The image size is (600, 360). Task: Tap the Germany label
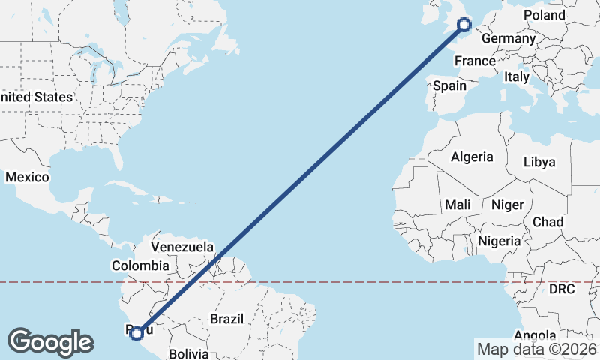tap(508, 39)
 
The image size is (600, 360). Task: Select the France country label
tap(475, 61)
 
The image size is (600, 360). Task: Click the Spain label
tap(449, 85)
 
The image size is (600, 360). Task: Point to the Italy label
tap(516, 76)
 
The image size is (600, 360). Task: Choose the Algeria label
tap(472, 157)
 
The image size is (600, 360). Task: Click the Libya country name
tap(539, 162)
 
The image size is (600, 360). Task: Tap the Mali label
tap(457, 205)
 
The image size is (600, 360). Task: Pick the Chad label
tap(547, 222)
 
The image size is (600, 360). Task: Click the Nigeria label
tap(499, 241)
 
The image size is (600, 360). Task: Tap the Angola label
tap(535, 335)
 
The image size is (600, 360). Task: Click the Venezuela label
tap(182, 247)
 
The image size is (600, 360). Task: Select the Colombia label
tap(140, 265)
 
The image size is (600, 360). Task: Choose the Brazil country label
tap(227, 319)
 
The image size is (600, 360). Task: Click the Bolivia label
tap(187, 352)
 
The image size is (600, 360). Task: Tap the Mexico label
tap(27, 178)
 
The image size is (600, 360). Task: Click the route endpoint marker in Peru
tap(136, 333)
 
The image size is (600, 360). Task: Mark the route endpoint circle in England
tap(463, 25)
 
